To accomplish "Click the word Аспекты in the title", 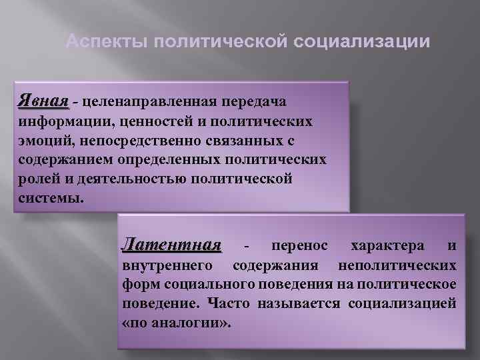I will [107, 41].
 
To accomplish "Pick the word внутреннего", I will [167, 266].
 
